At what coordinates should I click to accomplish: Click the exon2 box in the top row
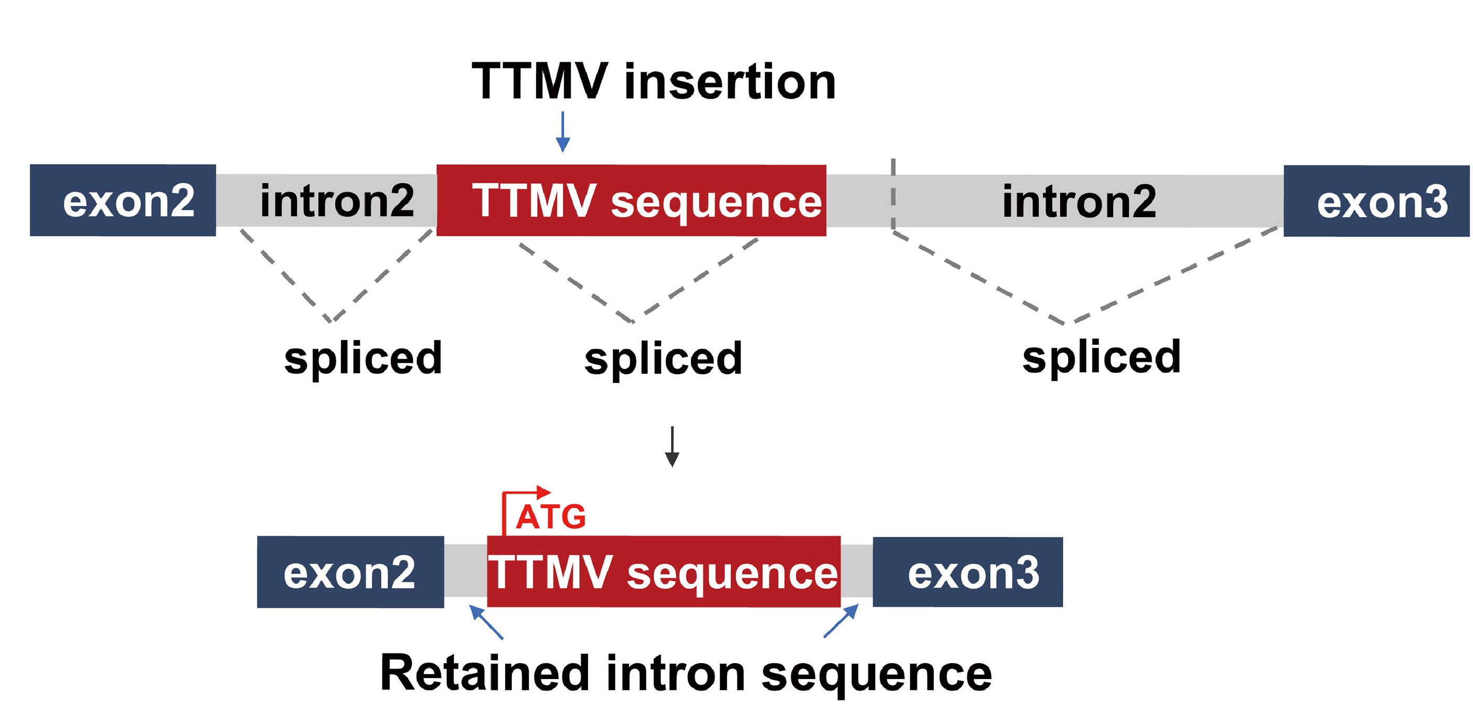(122, 200)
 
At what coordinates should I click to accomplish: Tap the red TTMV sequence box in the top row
(631, 200)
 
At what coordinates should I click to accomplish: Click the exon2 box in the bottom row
(350, 572)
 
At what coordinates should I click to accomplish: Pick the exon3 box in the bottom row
(967, 572)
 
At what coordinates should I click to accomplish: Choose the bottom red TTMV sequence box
(663, 572)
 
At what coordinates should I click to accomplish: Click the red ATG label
(551, 517)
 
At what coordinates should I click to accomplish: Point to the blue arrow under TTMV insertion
(563, 132)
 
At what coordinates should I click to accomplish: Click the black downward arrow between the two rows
(672, 446)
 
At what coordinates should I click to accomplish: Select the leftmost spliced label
(363, 358)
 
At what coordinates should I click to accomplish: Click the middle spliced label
(663, 359)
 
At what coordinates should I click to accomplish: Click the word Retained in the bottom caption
(484, 674)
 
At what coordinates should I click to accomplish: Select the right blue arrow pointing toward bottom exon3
(841, 620)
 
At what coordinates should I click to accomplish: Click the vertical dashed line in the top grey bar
(893, 194)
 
